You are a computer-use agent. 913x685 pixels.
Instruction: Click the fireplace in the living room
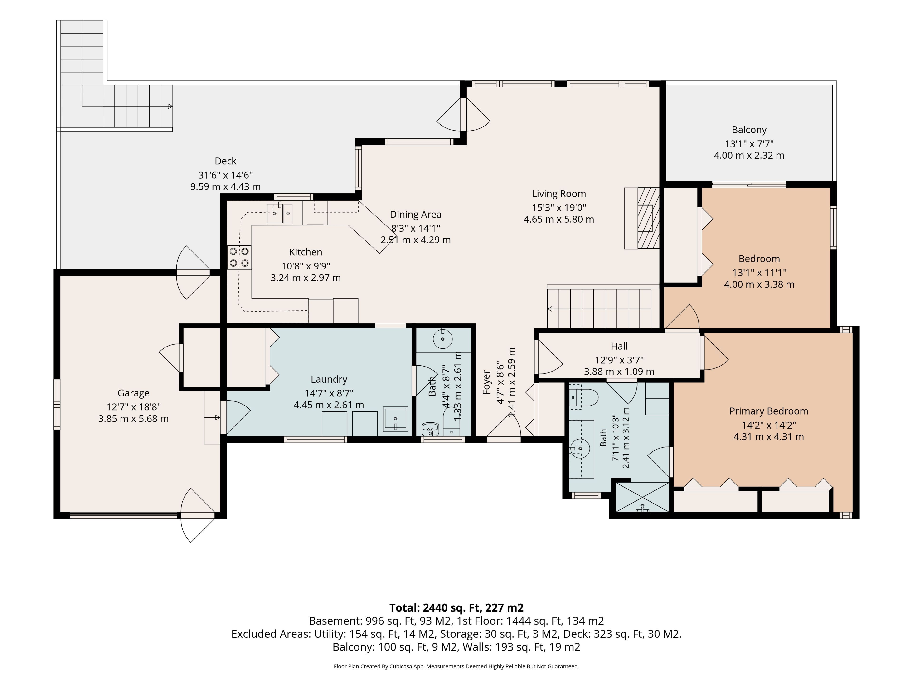click(642, 218)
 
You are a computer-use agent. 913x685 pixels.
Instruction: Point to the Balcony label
click(749, 130)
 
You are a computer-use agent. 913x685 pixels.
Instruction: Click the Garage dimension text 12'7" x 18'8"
click(133, 407)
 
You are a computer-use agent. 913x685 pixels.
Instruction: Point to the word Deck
click(225, 161)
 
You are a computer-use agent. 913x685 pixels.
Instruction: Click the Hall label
click(619, 346)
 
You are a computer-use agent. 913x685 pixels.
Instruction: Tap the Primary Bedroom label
click(768, 411)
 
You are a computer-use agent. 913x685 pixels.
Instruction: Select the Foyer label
click(487, 382)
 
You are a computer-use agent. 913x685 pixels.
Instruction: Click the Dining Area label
click(416, 214)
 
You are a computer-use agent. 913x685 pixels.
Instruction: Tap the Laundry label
click(329, 379)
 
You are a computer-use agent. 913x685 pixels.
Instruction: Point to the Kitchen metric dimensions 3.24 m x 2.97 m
click(306, 278)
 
